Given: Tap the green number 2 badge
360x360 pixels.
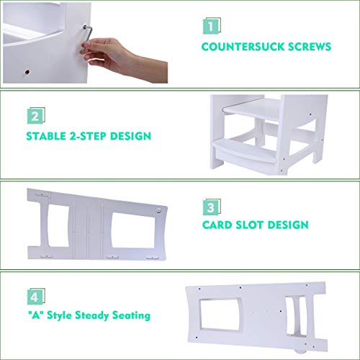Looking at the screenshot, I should point(33,117).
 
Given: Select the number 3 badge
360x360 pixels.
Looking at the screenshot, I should point(208,207).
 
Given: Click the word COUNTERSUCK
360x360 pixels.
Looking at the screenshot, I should point(238,48).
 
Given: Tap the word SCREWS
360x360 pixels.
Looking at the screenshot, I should point(307,48).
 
